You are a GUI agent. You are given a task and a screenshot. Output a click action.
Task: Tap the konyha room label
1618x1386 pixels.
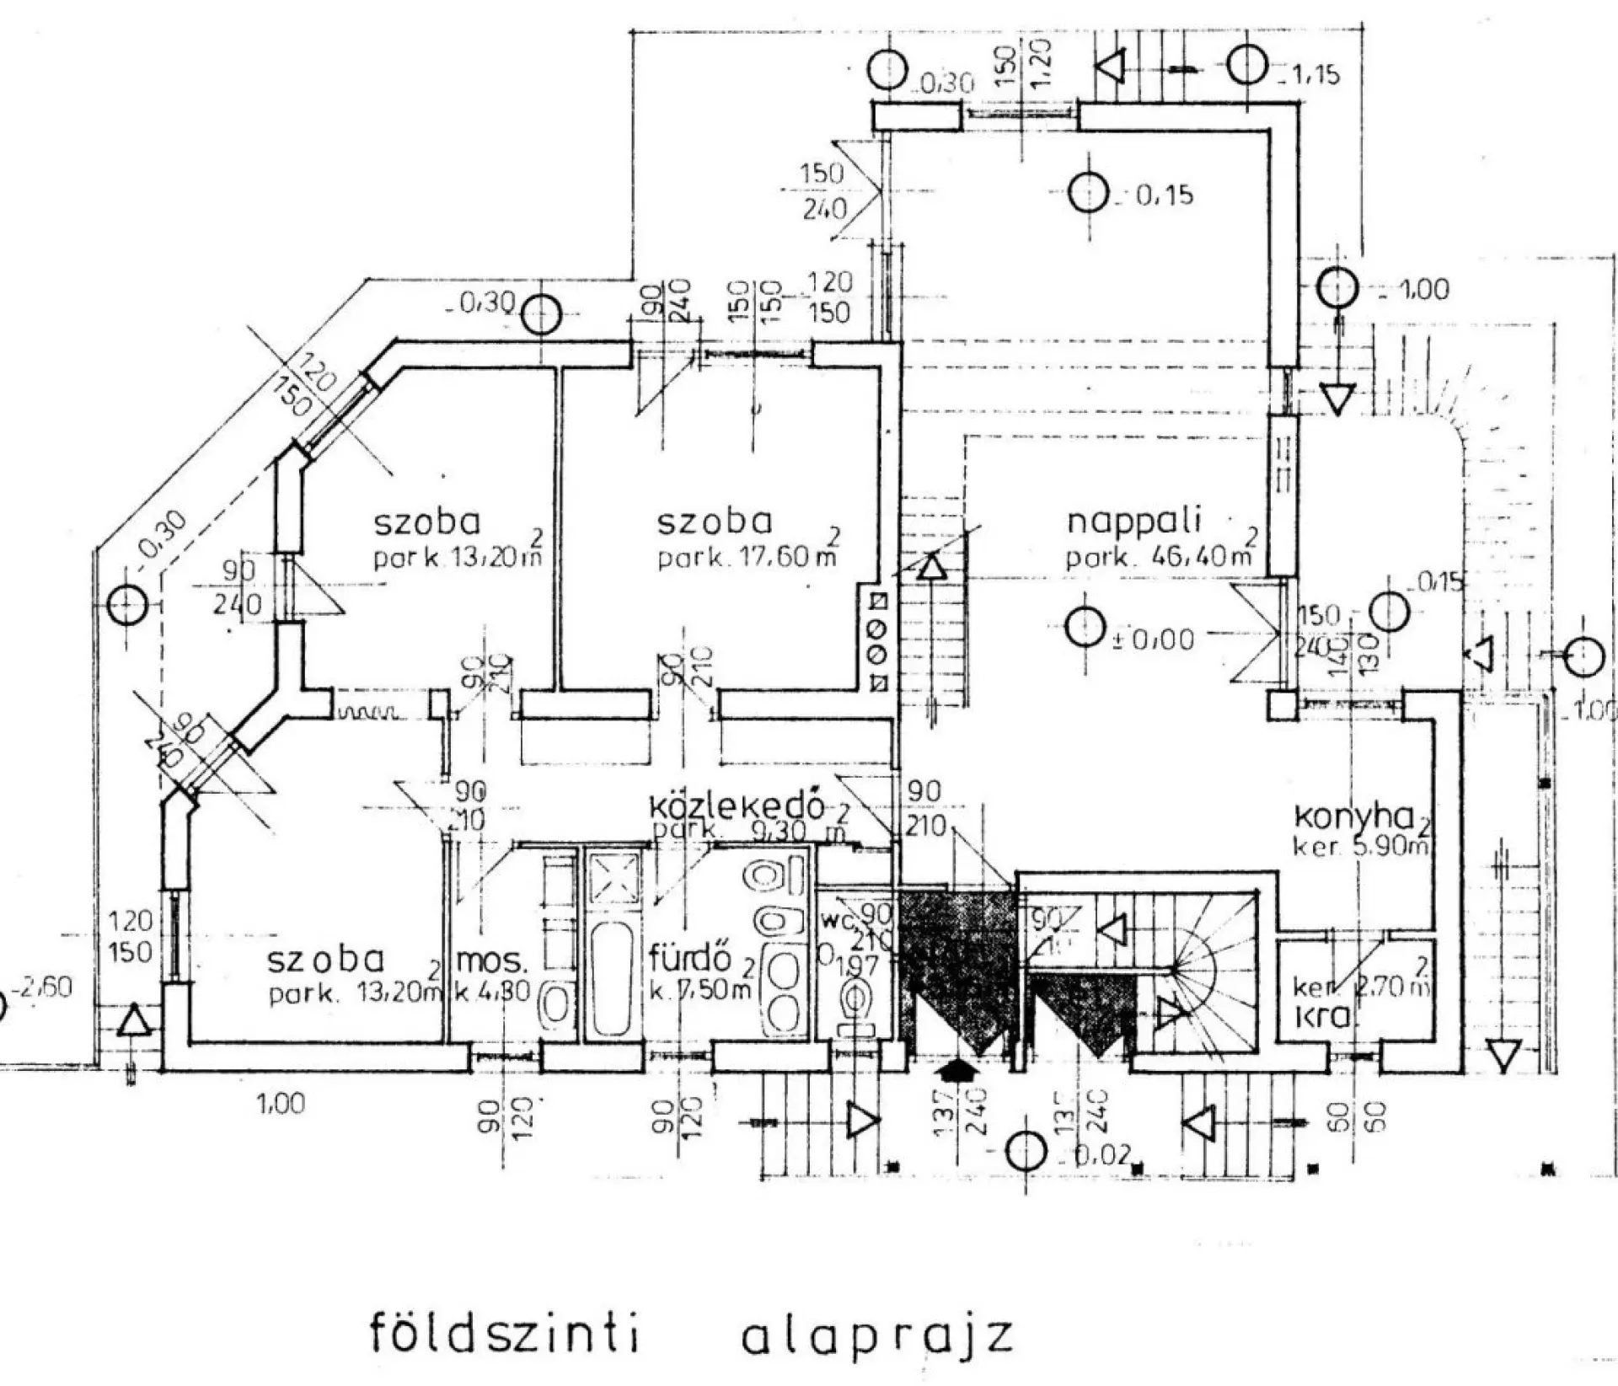1353,816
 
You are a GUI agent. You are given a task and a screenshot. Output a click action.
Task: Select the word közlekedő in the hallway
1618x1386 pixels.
736,805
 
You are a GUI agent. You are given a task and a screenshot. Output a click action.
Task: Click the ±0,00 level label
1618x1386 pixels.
1152,639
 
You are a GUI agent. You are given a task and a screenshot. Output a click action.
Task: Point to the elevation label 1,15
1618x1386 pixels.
1310,74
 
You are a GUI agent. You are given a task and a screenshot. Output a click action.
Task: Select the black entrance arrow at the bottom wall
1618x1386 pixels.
956,1069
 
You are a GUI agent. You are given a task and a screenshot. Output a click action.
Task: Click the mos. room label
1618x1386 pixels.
492,961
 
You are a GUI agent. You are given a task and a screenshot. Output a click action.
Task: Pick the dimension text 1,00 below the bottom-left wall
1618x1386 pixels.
281,1103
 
